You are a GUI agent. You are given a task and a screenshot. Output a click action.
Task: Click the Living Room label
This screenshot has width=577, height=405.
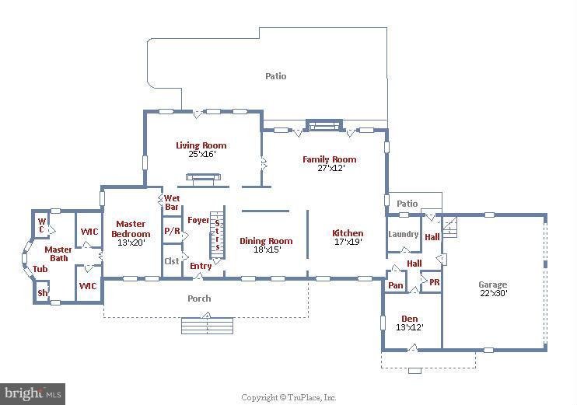201,145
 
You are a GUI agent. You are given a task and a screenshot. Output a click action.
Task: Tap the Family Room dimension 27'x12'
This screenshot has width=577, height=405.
330,168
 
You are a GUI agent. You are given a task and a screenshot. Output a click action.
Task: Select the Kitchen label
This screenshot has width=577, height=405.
348,233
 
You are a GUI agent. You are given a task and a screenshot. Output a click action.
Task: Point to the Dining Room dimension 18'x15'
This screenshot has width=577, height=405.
266,250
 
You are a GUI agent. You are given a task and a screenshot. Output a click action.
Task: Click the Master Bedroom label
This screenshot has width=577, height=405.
131,229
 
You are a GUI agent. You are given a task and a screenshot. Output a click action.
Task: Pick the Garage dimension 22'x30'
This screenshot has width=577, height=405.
492,294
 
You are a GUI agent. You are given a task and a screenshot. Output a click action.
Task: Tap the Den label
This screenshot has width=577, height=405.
409,319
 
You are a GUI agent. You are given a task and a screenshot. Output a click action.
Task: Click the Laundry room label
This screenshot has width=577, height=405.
403,234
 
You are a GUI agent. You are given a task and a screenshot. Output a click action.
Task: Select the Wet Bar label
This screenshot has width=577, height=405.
172,202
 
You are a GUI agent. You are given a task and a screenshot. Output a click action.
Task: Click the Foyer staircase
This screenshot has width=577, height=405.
217,235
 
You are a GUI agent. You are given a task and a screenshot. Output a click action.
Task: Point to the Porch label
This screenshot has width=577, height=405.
199,298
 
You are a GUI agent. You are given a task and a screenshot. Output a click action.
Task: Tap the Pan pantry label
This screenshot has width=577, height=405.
396,285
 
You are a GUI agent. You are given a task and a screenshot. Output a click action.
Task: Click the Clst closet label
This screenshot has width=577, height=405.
171,261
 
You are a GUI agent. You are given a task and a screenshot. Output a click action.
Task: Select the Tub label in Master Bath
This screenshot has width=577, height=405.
40,269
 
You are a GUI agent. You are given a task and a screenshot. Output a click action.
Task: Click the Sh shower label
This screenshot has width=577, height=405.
43,293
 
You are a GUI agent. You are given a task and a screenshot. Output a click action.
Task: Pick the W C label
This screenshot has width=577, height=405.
42,225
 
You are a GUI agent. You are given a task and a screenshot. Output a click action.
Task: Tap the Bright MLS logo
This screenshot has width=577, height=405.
33,394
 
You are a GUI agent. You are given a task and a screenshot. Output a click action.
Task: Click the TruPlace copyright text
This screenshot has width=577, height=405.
288,397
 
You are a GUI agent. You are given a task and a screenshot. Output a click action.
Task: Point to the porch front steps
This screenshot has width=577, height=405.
207,324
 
